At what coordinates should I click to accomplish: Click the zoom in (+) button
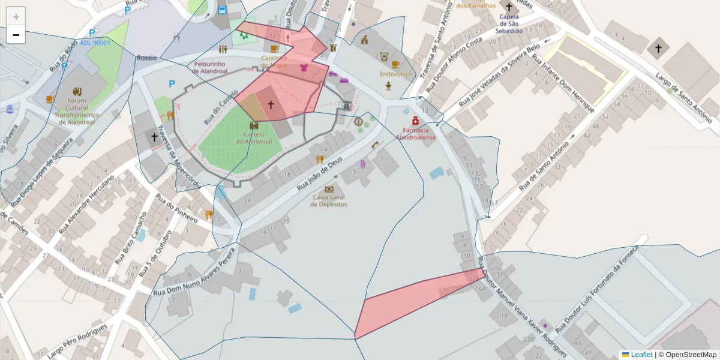[x=16, y=17]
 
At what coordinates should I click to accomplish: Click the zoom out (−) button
[x=16, y=35]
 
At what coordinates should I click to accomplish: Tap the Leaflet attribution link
[x=641, y=355]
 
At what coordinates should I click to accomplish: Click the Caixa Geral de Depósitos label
[x=329, y=201]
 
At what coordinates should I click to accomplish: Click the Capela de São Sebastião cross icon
[x=509, y=8]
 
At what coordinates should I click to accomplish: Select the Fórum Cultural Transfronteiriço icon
[x=77, y=92]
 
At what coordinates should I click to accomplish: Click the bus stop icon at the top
[x=222, y=10]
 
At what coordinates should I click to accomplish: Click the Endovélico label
[x=395, y=74]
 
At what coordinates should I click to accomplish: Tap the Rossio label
[x=146, y=58]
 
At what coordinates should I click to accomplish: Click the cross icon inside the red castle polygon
[x=271, y=105]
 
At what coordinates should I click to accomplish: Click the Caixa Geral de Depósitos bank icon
[x=328, y=189]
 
